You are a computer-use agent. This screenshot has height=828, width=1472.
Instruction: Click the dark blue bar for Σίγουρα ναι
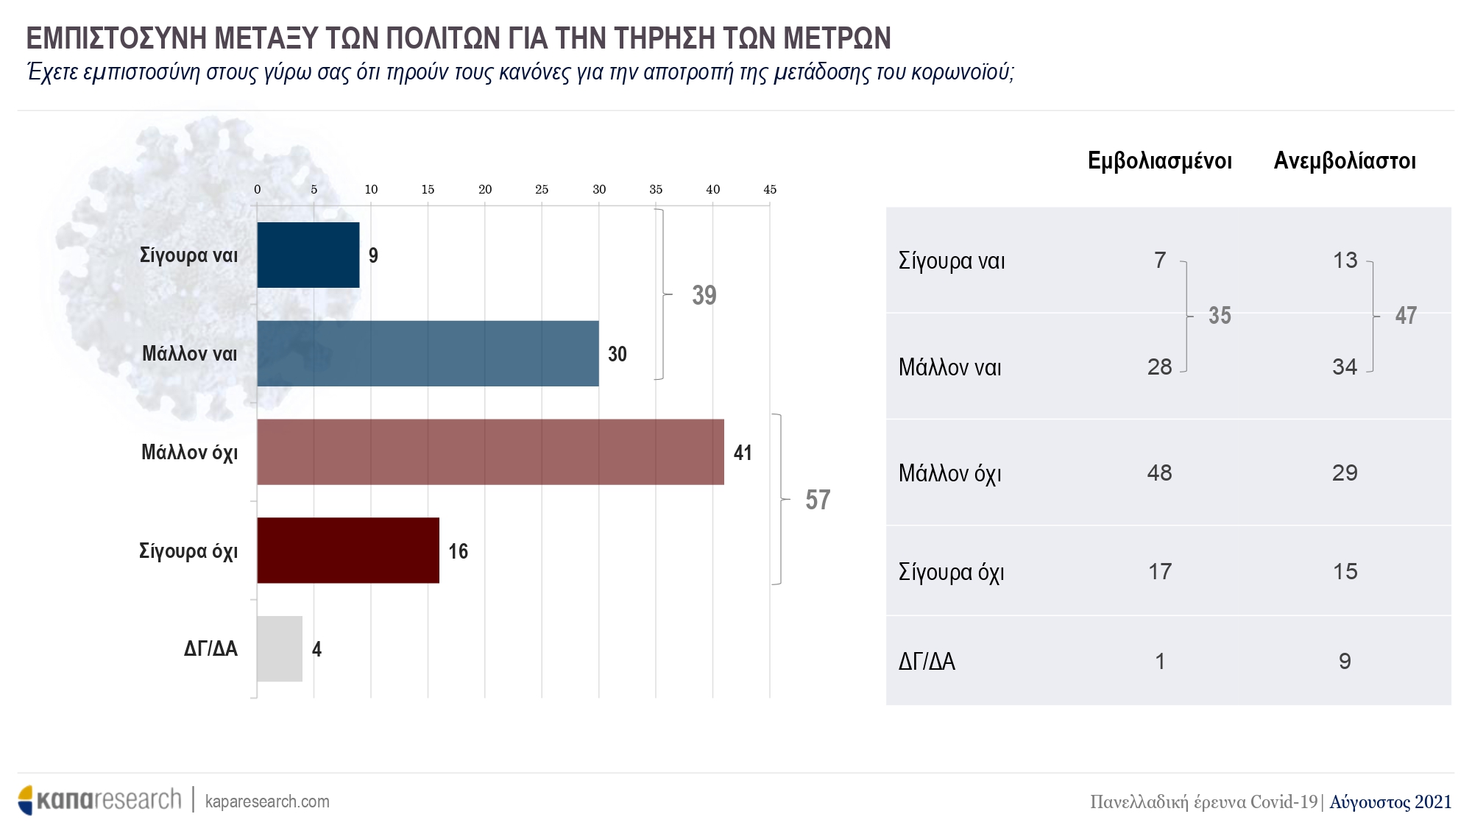click(x=308, y=255)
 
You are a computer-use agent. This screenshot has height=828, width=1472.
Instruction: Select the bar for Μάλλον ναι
click(x=428, y=353)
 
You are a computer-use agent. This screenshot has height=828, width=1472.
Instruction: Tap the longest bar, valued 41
click(x=490, y=452)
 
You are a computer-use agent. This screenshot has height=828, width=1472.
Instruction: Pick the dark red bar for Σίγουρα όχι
click(x=347, y=551)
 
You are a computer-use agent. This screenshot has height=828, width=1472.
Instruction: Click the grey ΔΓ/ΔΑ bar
click(x=279, y=648)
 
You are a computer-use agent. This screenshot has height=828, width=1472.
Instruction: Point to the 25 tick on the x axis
click(x=542, y=190)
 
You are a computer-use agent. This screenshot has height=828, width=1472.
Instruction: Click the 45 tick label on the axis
click(x=770, y=190)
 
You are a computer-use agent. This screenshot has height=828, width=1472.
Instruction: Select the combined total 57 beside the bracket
click(x=818, y=500)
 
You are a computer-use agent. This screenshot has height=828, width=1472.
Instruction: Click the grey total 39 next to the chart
click(x=704, y=295)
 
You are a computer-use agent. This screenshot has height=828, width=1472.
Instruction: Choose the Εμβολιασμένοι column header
click(x=1159, y=161)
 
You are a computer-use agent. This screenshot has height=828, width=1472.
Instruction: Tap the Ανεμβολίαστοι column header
click(x=1345, y=161)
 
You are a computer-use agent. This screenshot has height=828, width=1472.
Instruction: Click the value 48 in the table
click(x=1159, y=473)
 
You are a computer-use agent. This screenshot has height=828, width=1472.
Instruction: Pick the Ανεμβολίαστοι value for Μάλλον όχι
click(x=1345, y=473)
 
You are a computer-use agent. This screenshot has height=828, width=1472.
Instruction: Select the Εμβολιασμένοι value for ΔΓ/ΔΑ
click(x=1160, y=661)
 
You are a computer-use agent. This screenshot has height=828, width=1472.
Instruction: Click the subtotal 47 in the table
click(x=1406, y=316)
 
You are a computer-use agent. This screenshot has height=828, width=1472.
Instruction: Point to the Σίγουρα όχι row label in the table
click(x=951, y=572)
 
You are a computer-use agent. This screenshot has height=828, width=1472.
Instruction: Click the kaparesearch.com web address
click(x=267, y=802)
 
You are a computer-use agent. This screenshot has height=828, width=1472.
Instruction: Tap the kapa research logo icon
click(x=26, y=800)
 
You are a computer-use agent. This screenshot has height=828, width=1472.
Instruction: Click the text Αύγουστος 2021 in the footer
click(x=1390, y=802)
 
